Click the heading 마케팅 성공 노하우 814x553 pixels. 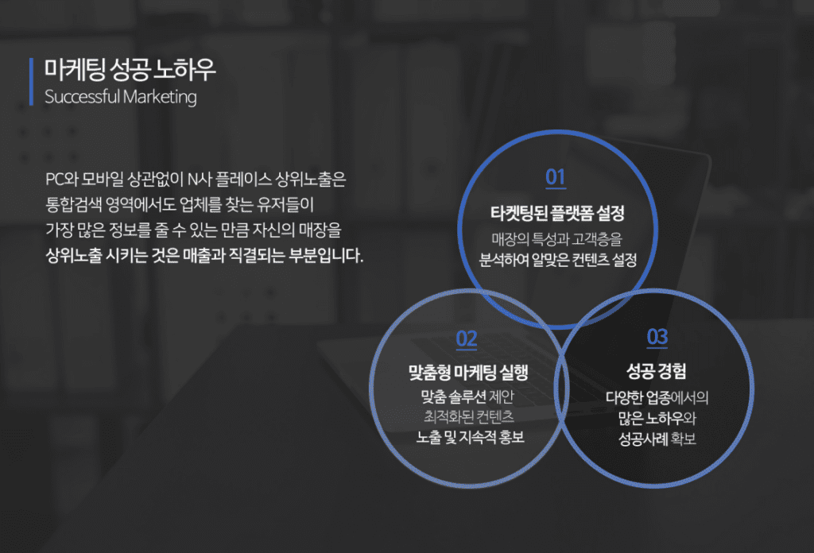pos(130,69)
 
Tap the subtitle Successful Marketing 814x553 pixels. pos(121,97)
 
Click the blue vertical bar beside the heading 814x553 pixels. pos(31,82)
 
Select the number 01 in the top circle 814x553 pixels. pos(556,177)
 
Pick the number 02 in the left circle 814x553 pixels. pos(466,339)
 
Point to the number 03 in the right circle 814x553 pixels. pos(657,337)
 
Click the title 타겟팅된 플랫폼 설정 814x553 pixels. pos(557,213)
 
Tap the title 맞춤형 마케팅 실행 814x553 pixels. pos(468,372)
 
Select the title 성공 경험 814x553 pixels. pos(656,370)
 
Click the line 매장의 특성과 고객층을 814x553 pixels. pos(556,239)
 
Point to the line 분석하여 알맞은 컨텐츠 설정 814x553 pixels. pos(557,259)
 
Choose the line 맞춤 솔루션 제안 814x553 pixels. pos(467,396)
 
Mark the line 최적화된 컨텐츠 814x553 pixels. pos(469,416)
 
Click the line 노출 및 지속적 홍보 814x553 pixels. pos(471,437)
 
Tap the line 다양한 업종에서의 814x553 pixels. pos(657,398)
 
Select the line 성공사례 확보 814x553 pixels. pos(657,439)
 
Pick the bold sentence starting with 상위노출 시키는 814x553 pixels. pos(204,255)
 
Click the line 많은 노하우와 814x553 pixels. pos(657,418)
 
